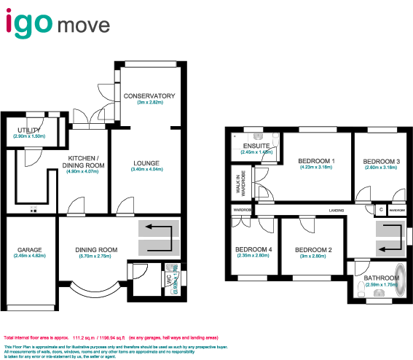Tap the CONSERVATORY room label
coord(149,96)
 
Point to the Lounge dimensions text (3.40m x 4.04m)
coord(146,169)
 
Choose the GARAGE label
coord(30,250)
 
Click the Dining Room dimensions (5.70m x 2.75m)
coord(97,257)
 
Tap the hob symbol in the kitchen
coord(33,211)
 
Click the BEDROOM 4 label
coord(253,250)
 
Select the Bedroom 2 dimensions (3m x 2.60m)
coord(314,257)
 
